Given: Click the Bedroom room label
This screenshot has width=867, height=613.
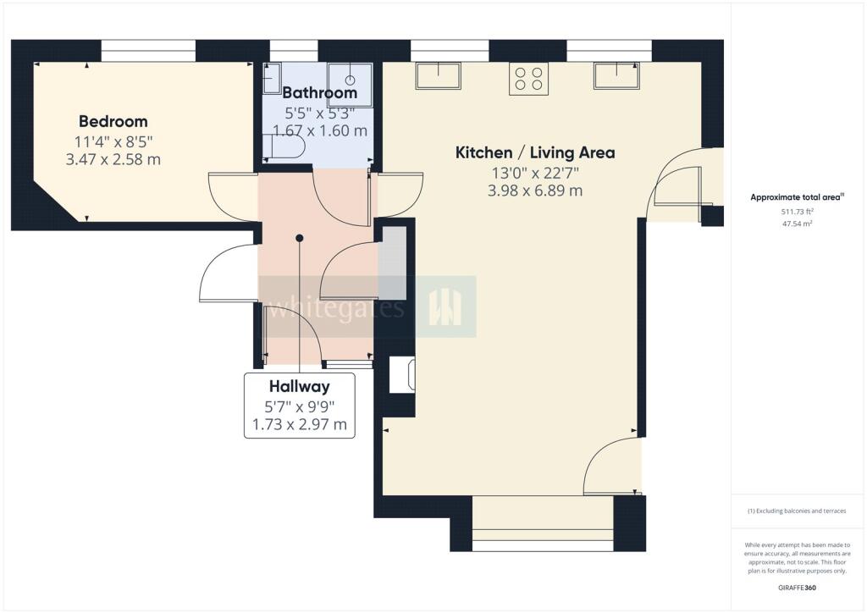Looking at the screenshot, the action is point(113,121).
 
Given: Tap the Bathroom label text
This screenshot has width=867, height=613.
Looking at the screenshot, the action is point(319,92).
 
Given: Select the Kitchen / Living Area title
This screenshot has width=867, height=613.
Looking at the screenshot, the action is point(535,152).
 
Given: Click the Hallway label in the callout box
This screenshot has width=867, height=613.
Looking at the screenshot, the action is point(299,386).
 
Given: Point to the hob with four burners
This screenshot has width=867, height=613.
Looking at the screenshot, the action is point(528,79).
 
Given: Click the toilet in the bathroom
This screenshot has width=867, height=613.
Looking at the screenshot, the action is point(284,148).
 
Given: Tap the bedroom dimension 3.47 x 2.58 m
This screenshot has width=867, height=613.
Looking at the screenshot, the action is point(113,160).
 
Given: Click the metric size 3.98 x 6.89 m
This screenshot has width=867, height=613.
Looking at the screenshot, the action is point(535,191).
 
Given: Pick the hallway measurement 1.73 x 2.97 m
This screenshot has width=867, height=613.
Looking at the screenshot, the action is point(299,424).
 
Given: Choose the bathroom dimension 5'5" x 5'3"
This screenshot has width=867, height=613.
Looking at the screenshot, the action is point(319,113).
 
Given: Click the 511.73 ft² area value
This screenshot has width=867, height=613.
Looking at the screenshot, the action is point(797,211).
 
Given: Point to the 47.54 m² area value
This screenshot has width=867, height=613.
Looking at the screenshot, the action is point(797,224).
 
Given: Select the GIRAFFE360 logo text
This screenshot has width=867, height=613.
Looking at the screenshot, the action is point(797,588).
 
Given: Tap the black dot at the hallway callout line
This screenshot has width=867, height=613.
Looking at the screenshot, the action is point(299,238).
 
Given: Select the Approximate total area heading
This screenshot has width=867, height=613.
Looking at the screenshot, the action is point(797,196).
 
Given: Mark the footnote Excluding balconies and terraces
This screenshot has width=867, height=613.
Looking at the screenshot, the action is point(797,511).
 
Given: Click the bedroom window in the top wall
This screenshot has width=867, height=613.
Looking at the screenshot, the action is point(148,50).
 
